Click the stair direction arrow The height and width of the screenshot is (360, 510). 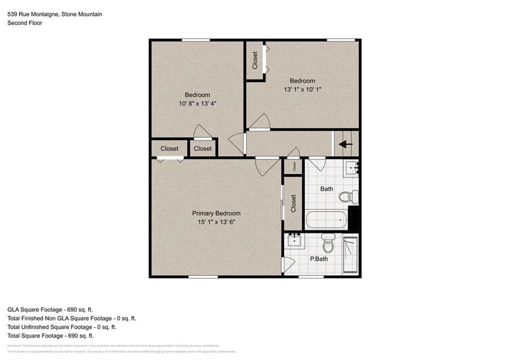coord(346,144)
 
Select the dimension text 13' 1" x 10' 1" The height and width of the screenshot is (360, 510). coord(302,90)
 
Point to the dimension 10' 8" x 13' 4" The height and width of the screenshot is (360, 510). coord(197,104)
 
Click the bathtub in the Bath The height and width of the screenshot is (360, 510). coord(326,220)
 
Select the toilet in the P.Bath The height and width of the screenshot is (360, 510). coord(328,244)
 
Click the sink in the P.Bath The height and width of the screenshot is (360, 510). coord(295,240)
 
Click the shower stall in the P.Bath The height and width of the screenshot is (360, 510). coord(351,254)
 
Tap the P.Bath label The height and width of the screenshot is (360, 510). coord(318,259)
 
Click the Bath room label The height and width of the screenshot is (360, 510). coord(327,189)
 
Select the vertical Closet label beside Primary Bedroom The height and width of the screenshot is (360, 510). coord(293,203)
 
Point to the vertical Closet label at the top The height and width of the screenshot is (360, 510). coord(255,60)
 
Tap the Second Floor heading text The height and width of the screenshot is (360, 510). coord(24,23)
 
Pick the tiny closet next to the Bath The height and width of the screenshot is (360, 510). coord(293,167)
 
